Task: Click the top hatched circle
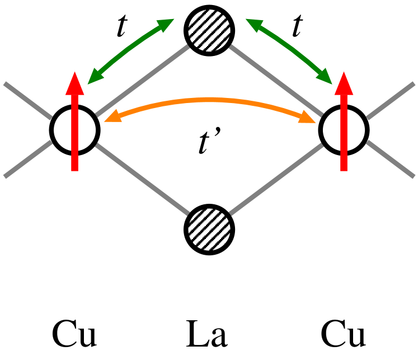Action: tap(209, 30)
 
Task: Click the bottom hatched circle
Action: tap(209, 229)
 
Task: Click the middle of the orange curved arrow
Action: tap(210, 100)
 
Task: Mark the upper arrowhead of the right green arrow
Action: tap(253, 25)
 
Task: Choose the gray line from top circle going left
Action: tap(143, 81)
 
